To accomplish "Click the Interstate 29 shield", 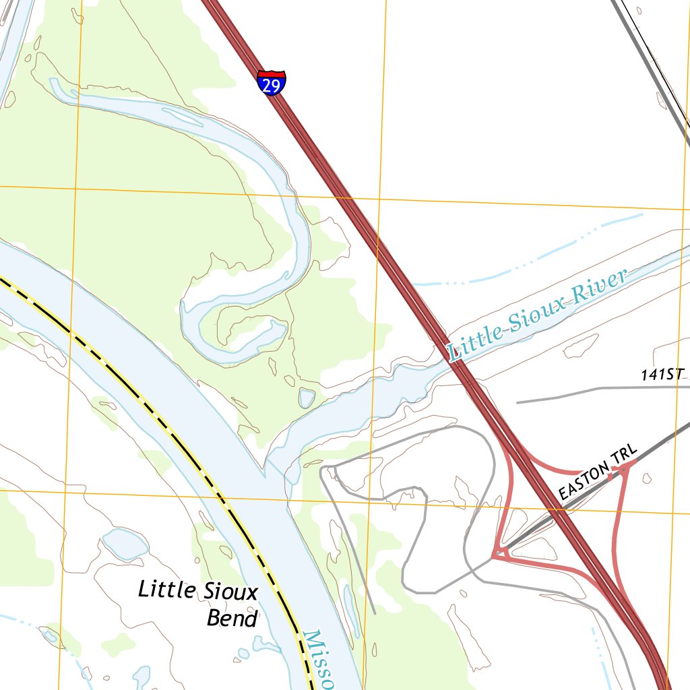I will click(x=271, y=83).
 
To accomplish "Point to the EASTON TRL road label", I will click(x=597, y=479).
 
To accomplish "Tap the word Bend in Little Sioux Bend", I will click(x=232, y=618).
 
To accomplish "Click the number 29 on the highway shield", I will click(x=271, y=86).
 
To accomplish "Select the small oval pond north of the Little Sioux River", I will click(x=307, y=398).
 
